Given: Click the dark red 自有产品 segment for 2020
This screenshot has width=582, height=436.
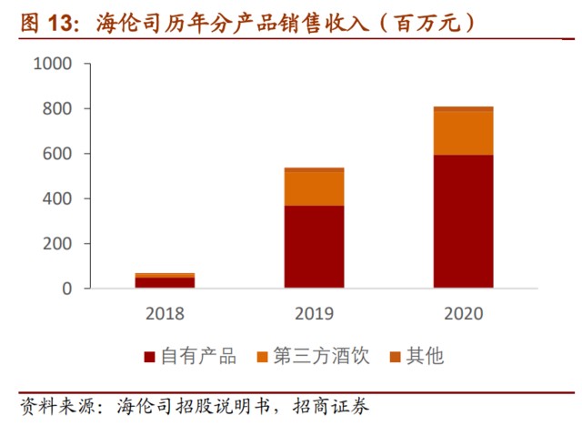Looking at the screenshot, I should click(463, 221).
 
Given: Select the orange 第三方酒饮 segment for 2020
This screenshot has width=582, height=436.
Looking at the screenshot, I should click(463, 133).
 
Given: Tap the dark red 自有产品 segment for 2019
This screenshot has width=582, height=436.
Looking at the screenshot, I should click(314, 247).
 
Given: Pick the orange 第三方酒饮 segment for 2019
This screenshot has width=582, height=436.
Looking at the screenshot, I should click(314, 188).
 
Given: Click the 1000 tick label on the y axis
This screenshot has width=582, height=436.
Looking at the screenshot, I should click(51, 65).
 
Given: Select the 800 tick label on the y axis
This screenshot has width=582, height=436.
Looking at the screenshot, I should click(56, 109).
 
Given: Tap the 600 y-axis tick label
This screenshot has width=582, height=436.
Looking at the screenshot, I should click(56, 154).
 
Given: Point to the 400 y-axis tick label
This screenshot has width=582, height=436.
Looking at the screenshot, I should click(56, 198).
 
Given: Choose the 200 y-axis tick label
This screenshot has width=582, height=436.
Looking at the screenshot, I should click(56, 243).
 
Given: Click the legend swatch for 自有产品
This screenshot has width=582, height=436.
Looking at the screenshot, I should click(149, 356).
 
